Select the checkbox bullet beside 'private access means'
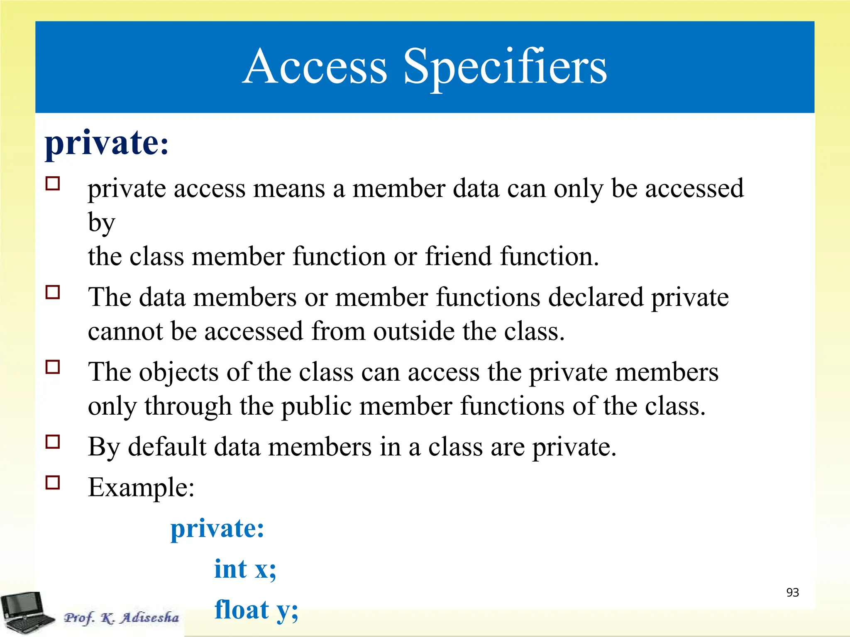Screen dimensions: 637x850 [53, 183]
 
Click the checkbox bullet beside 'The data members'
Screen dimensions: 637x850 [53, 292]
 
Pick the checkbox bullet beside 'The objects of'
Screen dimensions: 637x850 [53, 367]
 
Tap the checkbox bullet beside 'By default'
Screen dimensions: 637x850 [53, 442]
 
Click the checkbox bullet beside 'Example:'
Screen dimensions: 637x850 [53, 482]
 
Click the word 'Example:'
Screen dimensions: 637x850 [141, 487]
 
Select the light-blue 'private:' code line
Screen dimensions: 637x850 [217, 529]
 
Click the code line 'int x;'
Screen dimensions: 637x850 [245, 569]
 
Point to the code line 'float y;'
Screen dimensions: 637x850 [256, 610]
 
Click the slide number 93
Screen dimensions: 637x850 [792, 593]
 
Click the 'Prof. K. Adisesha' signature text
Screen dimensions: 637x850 [121, 618]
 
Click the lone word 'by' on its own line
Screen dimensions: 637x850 [101, 223]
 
